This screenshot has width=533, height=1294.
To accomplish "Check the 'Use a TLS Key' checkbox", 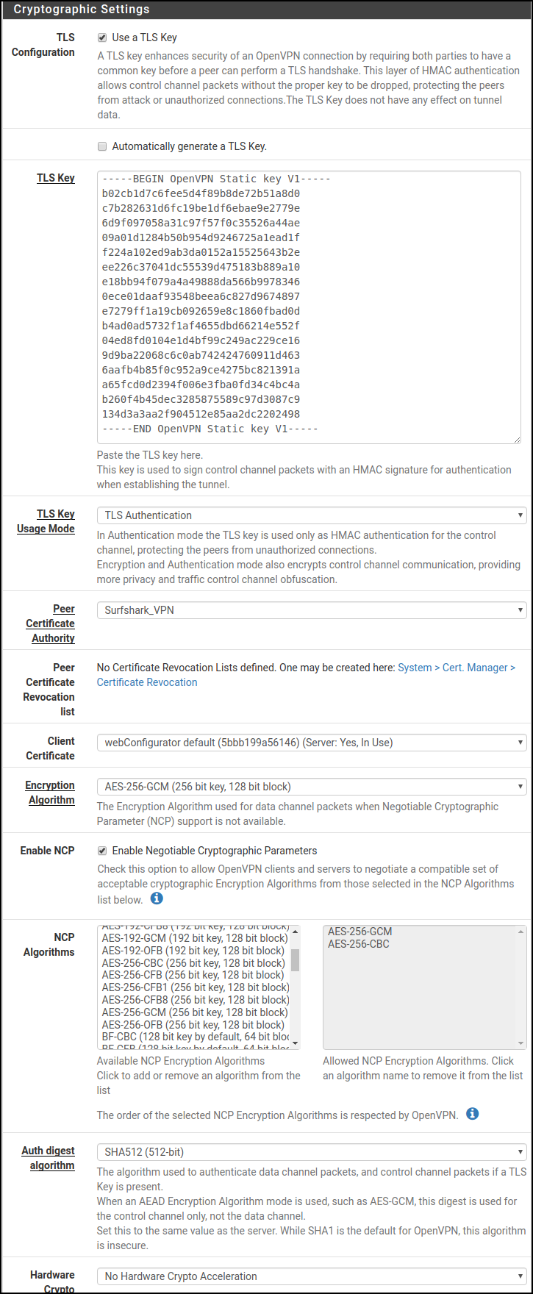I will (102, 37).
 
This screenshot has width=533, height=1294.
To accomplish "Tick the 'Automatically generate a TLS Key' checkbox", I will (102, 146).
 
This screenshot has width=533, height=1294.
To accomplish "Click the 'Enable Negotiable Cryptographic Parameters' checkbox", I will (102, 851).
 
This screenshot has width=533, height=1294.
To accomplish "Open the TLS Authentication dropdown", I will (311, 515).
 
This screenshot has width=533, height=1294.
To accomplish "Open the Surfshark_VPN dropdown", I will (311, 610).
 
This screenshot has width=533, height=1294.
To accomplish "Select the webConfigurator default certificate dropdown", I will (311, 743).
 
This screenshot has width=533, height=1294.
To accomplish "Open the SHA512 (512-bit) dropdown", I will (311, 1152).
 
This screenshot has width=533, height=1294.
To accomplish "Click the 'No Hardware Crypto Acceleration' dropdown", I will (311, 1276).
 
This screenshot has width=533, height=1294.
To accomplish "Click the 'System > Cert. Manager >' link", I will (457, 668).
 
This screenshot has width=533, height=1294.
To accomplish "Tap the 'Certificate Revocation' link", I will (147, 682).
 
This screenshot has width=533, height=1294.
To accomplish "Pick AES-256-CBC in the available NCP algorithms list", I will (193, 963).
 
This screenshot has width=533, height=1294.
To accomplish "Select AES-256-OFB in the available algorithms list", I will (193, 1025).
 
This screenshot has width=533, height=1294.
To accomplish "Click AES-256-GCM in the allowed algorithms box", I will (359, 932).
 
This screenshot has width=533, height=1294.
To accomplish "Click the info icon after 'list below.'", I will (157, 898).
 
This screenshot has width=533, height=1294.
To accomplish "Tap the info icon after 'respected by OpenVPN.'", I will (473, 1114).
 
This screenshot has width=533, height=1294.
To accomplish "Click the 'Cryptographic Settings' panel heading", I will (82, 10).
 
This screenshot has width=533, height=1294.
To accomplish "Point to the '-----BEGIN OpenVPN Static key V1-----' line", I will (217, 179).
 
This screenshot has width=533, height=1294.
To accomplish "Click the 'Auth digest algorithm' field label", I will (49, 1158).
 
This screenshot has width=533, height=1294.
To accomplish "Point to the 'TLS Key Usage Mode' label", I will (46, 521).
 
